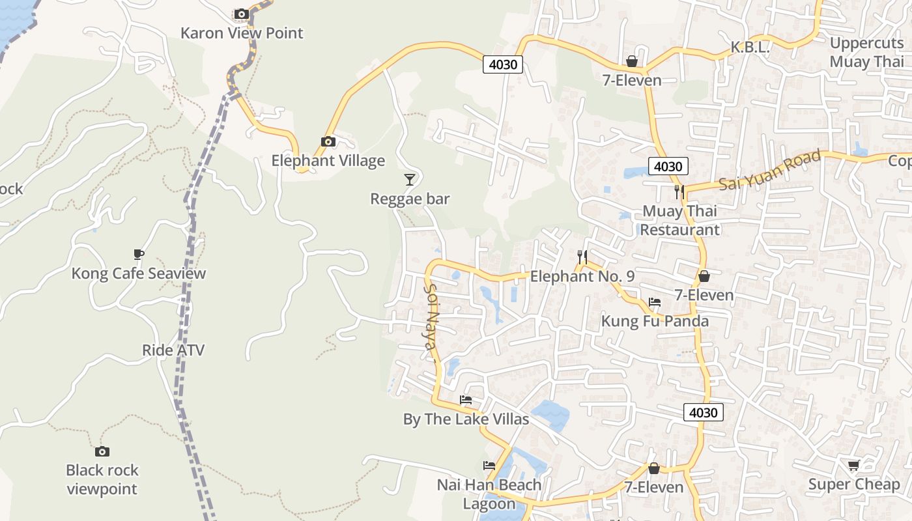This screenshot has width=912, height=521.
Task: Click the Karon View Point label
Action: click(x=242, y=33)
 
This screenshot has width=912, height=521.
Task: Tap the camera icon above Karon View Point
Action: click(x=241, y=14)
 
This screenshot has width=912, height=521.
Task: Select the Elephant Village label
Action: click(x=328, y=160)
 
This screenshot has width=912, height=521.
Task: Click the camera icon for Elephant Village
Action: click(x=328, y=141)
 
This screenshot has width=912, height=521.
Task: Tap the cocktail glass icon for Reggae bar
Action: click(x=410, y=179)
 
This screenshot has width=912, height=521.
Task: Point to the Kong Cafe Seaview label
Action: click(x=138, y=273)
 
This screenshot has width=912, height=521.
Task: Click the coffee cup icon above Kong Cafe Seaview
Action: click(x=138, y=254)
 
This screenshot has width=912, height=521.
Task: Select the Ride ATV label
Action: click(x=173, y=350)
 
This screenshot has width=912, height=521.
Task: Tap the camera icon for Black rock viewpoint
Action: click(x=102, y=451)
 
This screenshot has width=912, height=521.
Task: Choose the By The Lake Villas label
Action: click(x=466, y=419)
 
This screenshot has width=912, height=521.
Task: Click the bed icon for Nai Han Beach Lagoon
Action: click(x=489, y=466)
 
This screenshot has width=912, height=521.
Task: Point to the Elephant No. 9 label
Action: click(x=582, y=276)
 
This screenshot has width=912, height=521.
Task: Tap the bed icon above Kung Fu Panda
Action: click(x=655, y=302)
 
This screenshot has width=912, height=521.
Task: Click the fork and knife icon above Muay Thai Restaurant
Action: click(x=680, y=191)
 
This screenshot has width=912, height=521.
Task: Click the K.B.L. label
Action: click(x=750, y=47)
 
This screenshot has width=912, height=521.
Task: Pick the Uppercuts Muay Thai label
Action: click(x=867, y=53)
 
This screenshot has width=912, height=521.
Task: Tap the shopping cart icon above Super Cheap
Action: click(x=854, y=465)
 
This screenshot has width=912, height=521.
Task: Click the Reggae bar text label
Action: click(x=410, y=199)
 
